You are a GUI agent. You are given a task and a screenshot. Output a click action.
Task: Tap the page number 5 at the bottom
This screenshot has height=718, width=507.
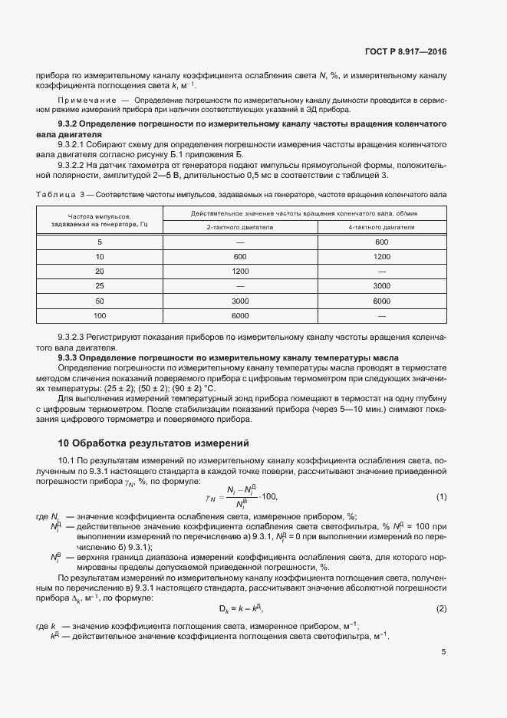(x=443, y=652)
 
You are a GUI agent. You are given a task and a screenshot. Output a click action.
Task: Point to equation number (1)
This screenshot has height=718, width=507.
(x=441, y=497)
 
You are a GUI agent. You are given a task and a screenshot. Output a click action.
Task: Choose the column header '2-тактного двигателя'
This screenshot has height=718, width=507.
(x=240, y=227)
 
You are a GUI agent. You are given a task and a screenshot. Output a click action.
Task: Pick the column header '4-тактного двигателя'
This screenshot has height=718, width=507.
(x=382, y=227)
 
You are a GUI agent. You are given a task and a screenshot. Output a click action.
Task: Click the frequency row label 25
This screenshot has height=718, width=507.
(x=100, y=285)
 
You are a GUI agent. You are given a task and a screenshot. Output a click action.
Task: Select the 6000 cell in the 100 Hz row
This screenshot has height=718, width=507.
(x=240, y=315)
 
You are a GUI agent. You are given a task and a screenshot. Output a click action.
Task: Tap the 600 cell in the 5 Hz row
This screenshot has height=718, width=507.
(x=382, y=242)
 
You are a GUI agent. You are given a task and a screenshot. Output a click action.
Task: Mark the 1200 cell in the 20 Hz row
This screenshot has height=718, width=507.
(x=240, y=271)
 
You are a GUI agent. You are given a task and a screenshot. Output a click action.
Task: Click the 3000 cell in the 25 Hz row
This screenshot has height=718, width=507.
(x=382, y=285)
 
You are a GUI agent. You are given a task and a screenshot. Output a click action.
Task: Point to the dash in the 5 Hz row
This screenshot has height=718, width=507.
(x=240, y=242)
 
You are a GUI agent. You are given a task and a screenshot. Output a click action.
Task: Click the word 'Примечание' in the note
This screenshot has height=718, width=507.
(x=86, y=100)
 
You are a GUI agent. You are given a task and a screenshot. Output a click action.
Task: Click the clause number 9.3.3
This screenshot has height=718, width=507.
(x=71, y=357)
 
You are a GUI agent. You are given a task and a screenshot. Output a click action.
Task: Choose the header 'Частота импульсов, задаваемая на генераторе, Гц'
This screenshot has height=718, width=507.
(x=100, y=220)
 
